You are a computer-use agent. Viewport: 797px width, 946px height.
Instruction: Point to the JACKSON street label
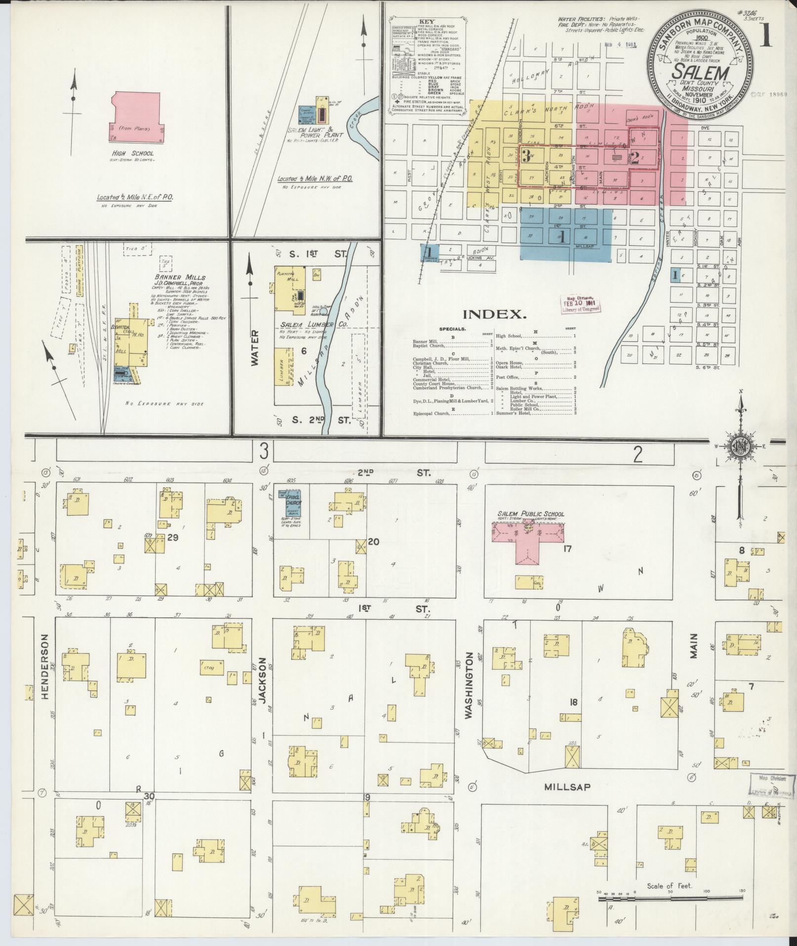click(262, 680)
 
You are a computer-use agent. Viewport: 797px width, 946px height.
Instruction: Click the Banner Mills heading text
click(172, 277)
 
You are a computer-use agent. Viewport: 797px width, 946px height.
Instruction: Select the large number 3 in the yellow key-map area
click(526, 158)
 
